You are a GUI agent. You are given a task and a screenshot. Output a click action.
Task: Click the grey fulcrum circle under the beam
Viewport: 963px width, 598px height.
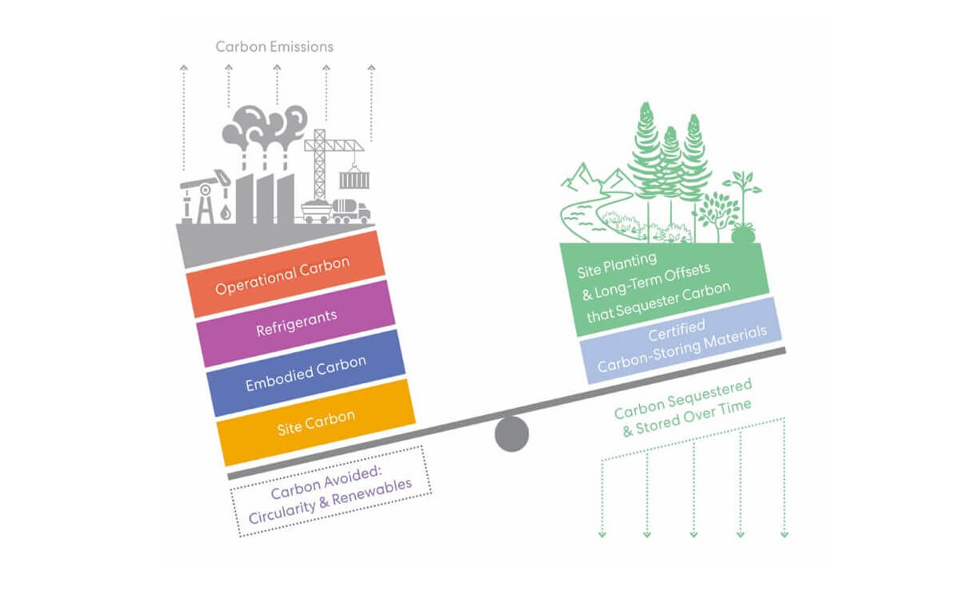click(x=511, y=434)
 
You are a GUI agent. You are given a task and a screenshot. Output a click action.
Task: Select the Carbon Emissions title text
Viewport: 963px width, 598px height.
click(x=274, y=46)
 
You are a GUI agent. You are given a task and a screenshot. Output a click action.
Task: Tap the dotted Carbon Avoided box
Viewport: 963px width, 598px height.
click(x=330, y=492)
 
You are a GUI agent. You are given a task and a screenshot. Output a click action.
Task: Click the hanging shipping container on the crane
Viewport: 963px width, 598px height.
click(x=354, y=180)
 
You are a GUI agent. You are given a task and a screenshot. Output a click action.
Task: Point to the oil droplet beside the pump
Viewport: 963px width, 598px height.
click(x=227, y=212)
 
